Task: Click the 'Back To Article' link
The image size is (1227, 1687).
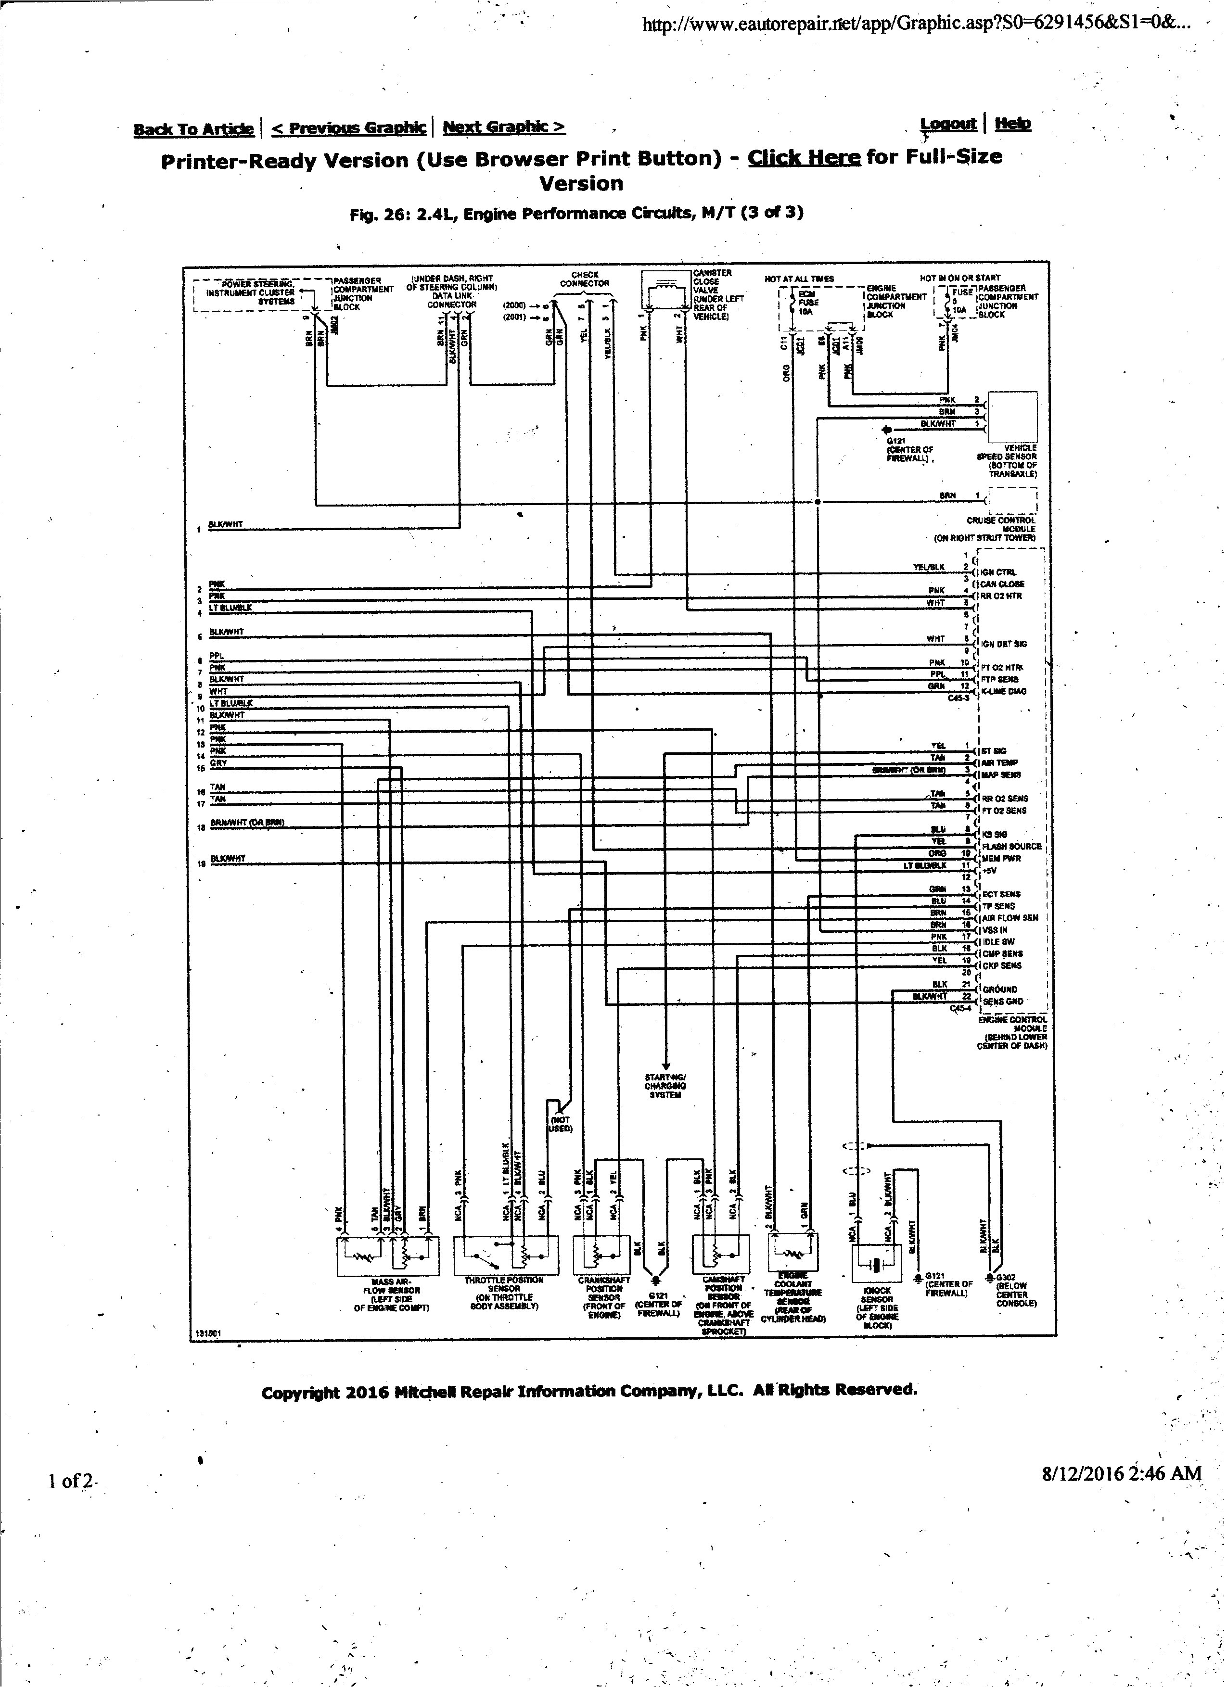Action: point(193,129)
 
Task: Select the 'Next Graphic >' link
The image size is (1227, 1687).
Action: point(504,127)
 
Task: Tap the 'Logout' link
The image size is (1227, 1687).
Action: point(948,124)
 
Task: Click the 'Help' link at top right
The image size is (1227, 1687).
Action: point(1013,124)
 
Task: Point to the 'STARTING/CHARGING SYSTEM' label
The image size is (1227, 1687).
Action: point(665,1086)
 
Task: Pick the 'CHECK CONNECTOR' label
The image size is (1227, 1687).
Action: point(584,279)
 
